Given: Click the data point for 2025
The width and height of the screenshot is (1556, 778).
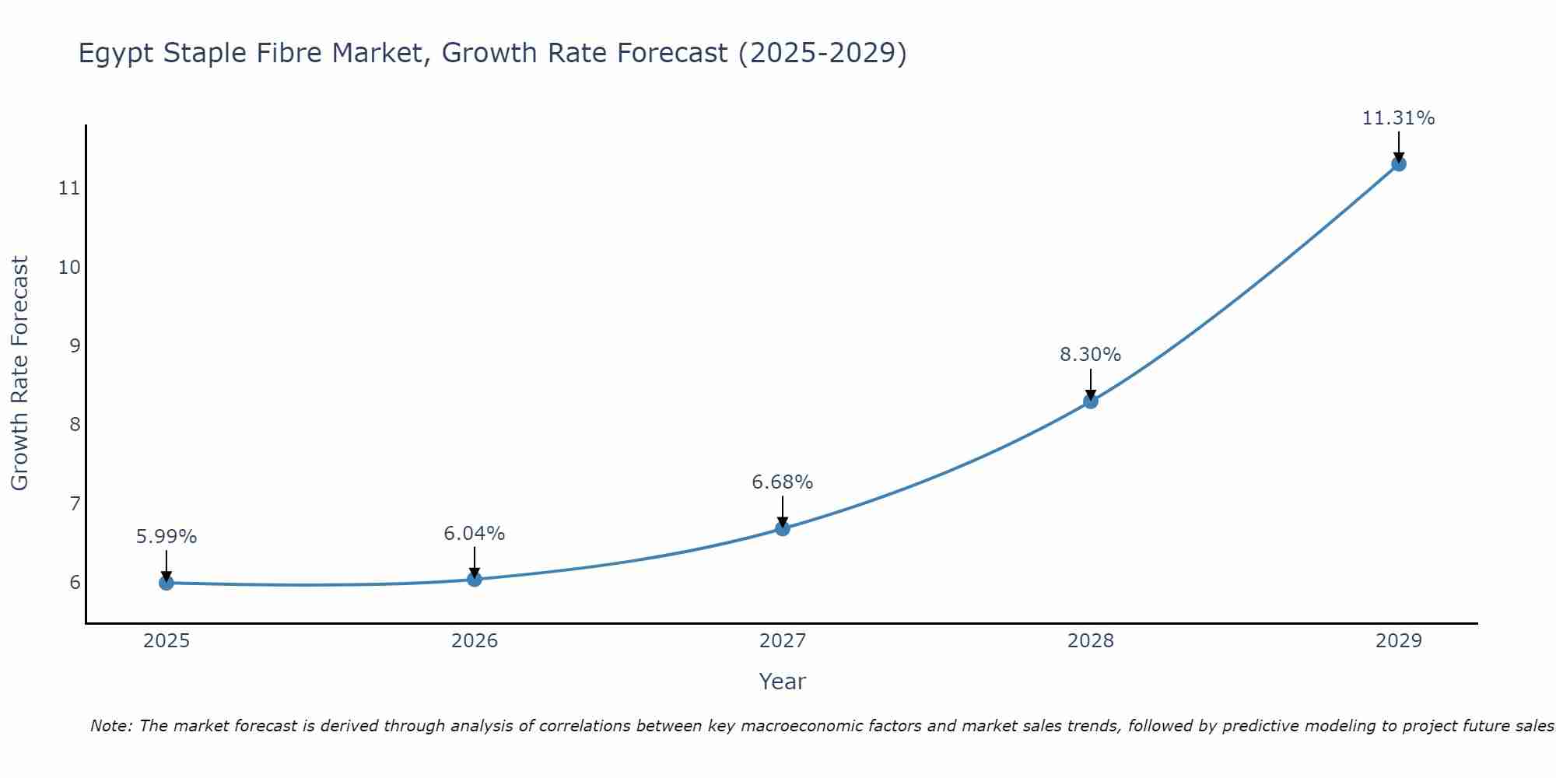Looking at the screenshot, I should click(166, 583).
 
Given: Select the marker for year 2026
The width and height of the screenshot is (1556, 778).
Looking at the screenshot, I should click(475, 579).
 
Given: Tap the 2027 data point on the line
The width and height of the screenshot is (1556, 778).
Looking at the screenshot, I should click(783, 528).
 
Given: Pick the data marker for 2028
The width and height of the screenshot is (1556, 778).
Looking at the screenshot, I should click(1091, 401).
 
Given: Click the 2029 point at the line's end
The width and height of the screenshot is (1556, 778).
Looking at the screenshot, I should click(1399, 164).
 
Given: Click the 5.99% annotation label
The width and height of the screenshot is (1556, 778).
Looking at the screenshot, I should click(166, 537).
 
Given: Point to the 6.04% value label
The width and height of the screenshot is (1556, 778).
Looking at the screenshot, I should click(475, 534).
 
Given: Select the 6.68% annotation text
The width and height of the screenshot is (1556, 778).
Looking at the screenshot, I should click(783, 482).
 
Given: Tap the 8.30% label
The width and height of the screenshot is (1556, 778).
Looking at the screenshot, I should click(1091, 355).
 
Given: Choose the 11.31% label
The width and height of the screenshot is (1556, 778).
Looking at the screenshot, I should click(1399, 118).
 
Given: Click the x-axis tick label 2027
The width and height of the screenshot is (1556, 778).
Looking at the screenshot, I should click(783, 641).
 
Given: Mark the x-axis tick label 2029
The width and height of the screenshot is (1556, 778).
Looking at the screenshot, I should click(1399, 641).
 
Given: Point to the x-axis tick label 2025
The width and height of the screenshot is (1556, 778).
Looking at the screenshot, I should click(166, 641).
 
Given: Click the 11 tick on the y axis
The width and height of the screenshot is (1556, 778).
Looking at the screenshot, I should click(69, 188).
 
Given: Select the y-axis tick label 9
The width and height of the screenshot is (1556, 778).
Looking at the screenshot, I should click(75, 345).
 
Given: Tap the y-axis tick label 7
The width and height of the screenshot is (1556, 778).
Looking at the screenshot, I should click(75, 503).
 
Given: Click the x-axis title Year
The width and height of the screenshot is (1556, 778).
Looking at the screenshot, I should click(783, 682).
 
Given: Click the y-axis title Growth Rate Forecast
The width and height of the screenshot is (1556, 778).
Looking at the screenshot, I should click(20, 373).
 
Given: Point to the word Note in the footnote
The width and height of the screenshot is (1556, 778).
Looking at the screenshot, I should click(110, 726).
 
